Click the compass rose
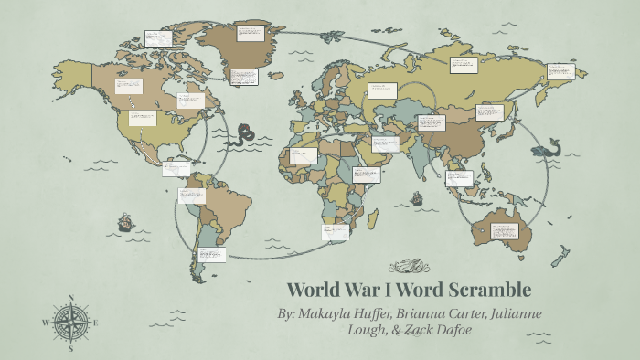point(70,322)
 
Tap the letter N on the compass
point(70,297)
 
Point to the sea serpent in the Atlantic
point(244,136)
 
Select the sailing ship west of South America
point(125,222)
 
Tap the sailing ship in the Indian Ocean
point(417,197)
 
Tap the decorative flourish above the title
point(408,267)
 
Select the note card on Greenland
point(250,33)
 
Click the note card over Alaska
point(158,38)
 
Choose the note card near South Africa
point(335,232)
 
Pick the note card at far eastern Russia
point(560,70)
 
